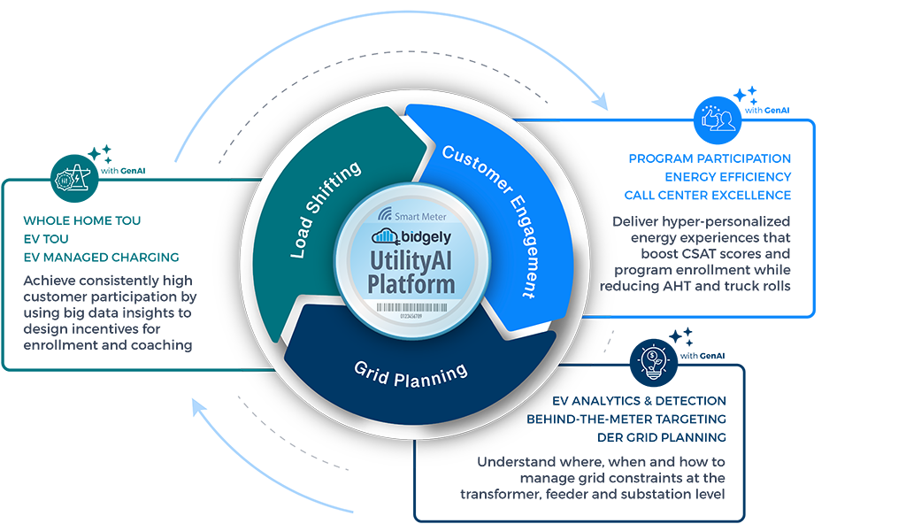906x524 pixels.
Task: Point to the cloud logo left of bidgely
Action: (x=383, y=235)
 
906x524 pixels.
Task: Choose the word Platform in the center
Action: (x=414, y=285)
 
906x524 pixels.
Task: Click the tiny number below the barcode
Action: (x=414, y=314)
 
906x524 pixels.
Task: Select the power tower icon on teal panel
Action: (x=70, y=180)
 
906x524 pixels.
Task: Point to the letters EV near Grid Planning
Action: (x=559, y=401)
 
